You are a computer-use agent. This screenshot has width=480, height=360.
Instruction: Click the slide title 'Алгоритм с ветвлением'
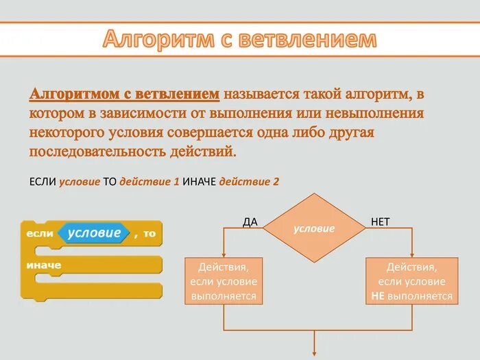[x=240, y=39]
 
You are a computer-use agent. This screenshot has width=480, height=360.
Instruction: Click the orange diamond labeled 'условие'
[x=314, y=228]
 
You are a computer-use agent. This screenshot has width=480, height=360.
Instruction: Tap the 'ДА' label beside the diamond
[x=250, y=221]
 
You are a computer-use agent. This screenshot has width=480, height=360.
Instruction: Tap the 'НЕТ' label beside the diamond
[x=381, y=221]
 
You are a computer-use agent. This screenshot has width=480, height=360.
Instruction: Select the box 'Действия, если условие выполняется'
[x=224, y=281]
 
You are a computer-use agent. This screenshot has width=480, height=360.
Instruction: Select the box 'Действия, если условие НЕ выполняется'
[x=412, y=281]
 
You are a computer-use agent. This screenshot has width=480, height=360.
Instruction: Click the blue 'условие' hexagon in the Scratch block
[x=94, y=233]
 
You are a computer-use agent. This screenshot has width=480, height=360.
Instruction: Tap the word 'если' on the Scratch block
[x=40, y=234]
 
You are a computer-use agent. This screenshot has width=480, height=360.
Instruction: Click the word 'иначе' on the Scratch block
[x=44, y=265]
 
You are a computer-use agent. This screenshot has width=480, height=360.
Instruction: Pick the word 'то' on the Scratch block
[x=149, y=234]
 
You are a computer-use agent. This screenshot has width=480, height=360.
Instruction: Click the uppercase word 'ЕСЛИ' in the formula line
[x=43, y=182]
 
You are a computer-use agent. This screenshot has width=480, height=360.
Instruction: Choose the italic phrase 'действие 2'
[x=249, y=182]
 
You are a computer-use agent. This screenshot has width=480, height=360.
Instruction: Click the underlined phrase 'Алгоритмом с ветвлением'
[x=125, y=93]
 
